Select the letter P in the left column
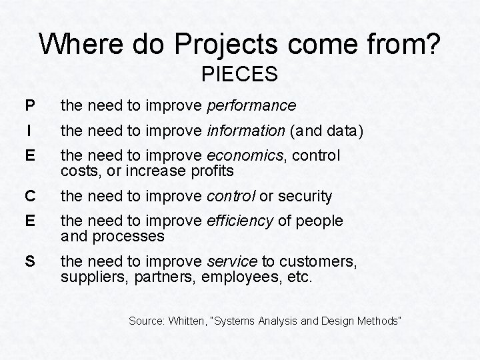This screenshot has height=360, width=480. click(29, 106)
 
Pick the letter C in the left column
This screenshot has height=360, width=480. click(29, 197)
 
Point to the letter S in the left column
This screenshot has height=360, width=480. click(29, 261)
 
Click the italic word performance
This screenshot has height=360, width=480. click(251, 106)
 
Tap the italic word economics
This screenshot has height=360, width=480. click(245, 156)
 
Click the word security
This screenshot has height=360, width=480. click(305, 197)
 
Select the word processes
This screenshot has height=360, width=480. click(131, 237)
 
